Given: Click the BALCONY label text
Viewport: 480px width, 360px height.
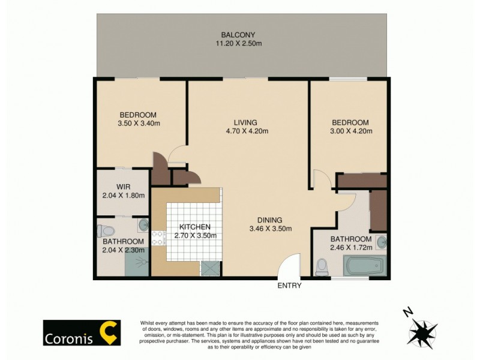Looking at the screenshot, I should [240, 34].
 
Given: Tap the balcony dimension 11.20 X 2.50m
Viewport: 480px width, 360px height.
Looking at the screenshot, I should [240, 43].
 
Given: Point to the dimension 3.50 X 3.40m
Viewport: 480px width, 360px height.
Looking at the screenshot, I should [138, 124].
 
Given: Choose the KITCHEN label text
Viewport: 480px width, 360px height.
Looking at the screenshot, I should [194, 227].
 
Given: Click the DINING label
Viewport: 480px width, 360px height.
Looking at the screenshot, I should [270, 220].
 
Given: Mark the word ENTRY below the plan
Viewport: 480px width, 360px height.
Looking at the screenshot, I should [289, 286].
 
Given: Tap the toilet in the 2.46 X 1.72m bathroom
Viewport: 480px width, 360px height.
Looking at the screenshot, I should [323, 265].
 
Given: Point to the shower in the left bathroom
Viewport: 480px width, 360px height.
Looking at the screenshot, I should [138, 262].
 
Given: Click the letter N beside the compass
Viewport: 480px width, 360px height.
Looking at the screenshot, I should [407, 311].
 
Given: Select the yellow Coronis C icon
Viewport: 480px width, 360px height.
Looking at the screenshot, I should [109, 332].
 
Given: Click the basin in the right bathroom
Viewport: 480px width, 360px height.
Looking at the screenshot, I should [382, 242].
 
